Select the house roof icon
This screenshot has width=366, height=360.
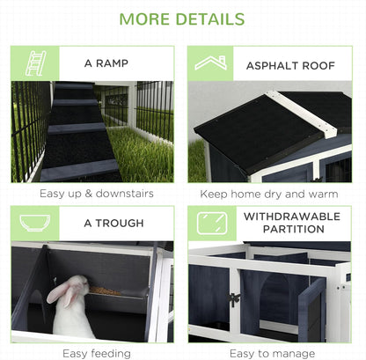tap(211, 62)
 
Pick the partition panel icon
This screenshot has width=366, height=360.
tap(211, 224)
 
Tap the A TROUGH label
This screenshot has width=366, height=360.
tap(113, 224)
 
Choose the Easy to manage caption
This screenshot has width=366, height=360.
tap(273, 353)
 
